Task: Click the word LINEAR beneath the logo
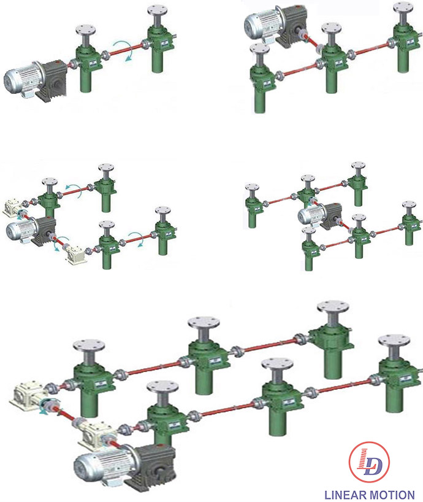coord(345,495)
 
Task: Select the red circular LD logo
coord(369,461)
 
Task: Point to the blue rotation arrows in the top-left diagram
coord(124,50)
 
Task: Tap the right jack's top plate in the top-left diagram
coord(158,10)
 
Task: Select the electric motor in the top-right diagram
coord(276,23)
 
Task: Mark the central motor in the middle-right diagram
coord(319,215)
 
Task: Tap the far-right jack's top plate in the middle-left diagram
coord(163,210)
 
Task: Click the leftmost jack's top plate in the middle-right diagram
coord(252,187)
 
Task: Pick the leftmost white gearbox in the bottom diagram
coord(26,395)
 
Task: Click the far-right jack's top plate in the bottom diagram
coord(394,341)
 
